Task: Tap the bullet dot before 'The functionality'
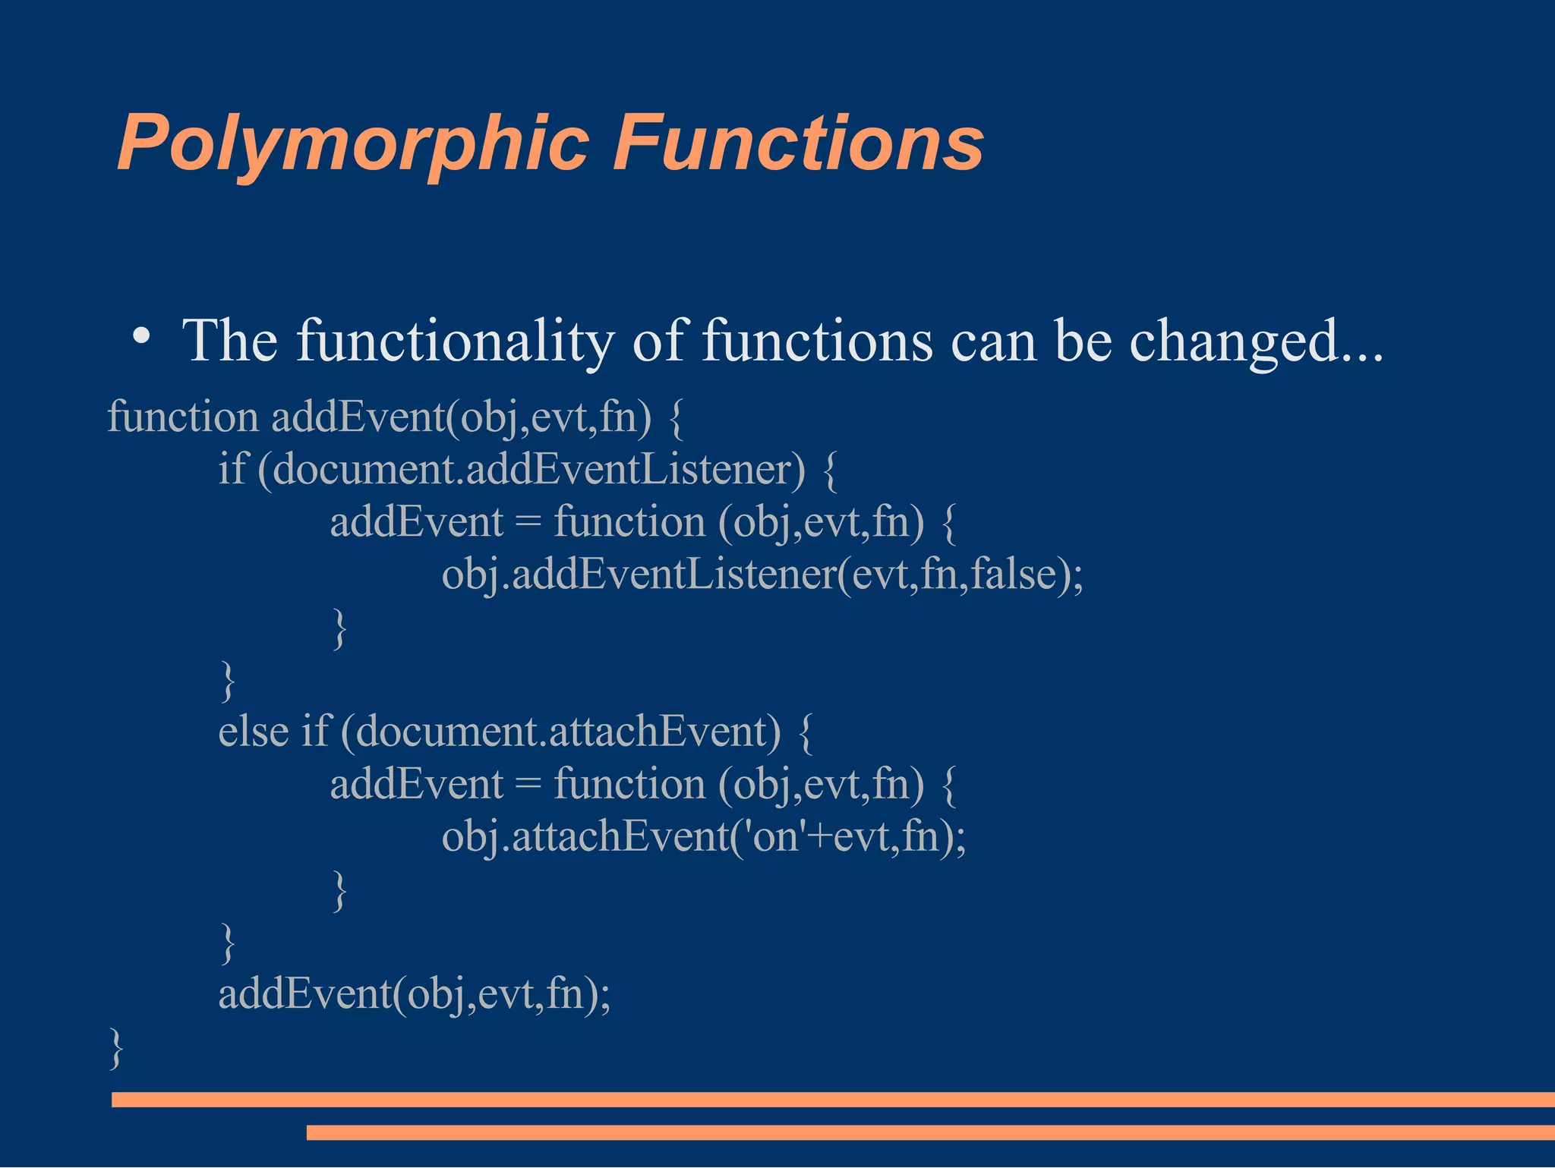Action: coord(140,335)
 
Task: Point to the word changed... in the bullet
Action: coord(1256,342)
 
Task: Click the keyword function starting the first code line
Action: coord(183,417)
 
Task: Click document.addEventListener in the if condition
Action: coord(531,470)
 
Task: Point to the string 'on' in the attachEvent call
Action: coord(775,836)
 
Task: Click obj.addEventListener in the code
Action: coord(638,575)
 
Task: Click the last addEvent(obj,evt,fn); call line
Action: coord(414,993)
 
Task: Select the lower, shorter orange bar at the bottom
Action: coord(930,1132)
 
